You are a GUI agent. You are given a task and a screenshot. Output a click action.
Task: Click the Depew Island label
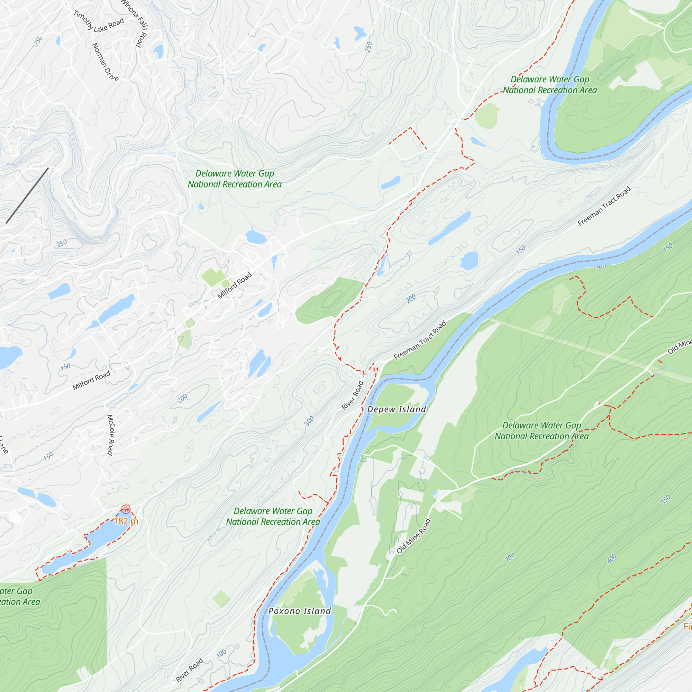[397, 409]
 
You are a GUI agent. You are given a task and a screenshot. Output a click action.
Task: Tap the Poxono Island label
[299, 611]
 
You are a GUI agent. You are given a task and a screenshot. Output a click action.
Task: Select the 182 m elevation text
[126, 521]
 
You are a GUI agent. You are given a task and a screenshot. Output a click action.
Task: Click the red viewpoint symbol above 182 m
[126, 509]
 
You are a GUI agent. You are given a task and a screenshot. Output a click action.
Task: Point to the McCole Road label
[110, 435]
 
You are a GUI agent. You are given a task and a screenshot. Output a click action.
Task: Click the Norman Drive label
[105, 62]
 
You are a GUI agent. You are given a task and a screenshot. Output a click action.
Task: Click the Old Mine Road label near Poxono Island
[413, 536]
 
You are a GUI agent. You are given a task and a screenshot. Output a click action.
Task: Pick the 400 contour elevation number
[612, 558]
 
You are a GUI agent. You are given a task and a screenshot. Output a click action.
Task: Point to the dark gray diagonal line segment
[27, 195]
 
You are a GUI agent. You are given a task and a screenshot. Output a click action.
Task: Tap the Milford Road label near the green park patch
[235, 285]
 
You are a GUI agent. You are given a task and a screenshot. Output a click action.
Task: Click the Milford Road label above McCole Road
[91, 381]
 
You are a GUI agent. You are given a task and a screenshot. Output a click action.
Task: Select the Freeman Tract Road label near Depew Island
[420, 340]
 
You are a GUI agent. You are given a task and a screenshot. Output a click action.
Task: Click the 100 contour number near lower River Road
[221, 653]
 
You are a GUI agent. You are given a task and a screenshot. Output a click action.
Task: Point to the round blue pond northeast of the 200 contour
[469, 261]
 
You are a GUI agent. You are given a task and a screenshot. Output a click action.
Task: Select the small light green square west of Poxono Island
[221, 598]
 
